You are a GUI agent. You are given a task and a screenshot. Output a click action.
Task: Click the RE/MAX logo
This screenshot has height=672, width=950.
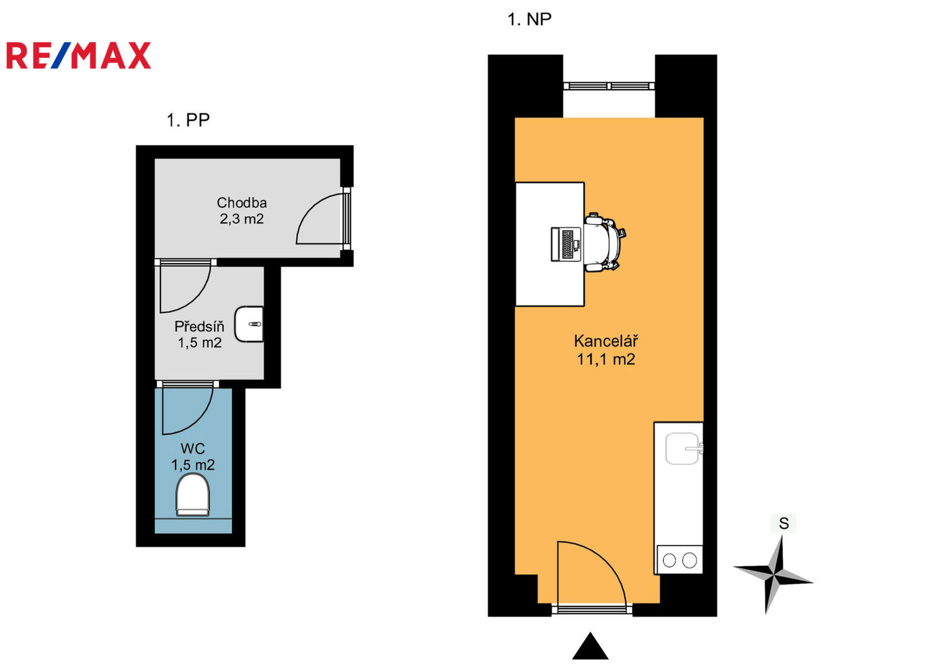tap(78, 55)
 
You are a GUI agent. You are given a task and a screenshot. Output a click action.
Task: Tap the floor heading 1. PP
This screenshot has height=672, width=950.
tap(188, 120)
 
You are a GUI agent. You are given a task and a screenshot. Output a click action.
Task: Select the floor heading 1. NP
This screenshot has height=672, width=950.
tap(529, 19)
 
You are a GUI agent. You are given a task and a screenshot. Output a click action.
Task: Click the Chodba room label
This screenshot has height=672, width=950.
tap(242, 203)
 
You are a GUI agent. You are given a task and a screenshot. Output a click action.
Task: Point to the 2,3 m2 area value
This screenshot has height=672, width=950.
tap(242, 219)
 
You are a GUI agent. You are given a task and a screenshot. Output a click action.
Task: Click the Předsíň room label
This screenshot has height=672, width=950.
tap(199, 326)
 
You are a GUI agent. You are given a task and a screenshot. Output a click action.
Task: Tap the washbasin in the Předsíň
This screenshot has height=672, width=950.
tap(249, 324)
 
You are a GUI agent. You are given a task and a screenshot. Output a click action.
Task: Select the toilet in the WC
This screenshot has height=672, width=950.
tap(193, 495)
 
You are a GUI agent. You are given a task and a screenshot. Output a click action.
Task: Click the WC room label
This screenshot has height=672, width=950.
tap(192, 449)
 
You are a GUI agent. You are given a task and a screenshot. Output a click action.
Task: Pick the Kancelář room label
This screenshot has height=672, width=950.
tap(605, 341)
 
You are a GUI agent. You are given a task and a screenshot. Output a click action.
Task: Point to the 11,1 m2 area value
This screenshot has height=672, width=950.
tap(605, 360)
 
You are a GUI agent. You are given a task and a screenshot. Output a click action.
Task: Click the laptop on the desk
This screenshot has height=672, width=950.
tap(566, 245)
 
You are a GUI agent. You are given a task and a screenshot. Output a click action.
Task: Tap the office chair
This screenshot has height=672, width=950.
tap(604, 242)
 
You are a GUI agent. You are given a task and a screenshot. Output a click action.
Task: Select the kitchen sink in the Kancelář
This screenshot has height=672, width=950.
tap(683, 449)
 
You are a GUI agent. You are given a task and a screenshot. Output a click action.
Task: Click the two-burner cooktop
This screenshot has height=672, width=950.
tap(679, 560)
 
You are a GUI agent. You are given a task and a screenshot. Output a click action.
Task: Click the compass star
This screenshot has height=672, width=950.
tap(773, 576)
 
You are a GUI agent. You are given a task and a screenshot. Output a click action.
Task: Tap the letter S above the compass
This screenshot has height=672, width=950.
tap(784, 523)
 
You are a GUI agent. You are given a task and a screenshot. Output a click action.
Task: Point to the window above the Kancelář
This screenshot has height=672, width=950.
tap(608, 86)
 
